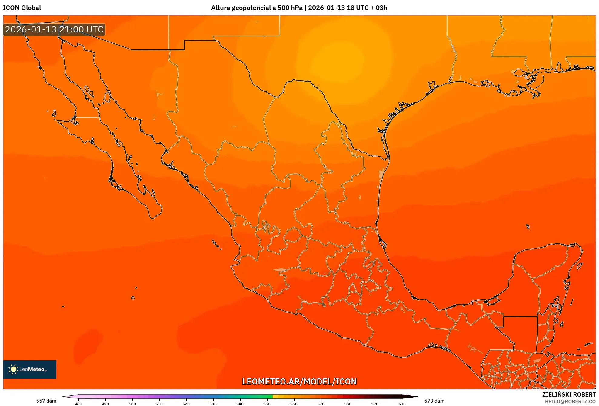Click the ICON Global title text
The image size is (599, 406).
(x=22, y=8)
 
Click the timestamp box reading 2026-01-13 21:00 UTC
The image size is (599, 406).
(x=54, y=29)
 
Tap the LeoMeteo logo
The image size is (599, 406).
(x=30, y=369)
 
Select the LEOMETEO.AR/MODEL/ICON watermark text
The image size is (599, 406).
(x=299, y=381)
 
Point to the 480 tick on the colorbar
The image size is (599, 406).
(x=78, y=404)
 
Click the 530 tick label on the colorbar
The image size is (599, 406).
(x=213, y=404)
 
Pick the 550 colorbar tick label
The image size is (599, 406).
(x=267, y=404)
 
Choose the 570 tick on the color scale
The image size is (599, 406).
(x=321, y=404)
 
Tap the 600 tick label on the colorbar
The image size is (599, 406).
(x=402, y=404)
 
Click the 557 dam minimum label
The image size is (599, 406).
(x=46, y=401)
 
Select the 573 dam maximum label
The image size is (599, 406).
(x=434, y=401)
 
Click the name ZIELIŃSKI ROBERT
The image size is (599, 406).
(x=569, y=394)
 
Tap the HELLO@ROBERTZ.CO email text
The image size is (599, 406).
(x=570, y=401)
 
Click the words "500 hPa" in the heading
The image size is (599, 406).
(x=290, y=8)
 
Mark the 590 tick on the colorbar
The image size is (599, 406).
(x=375, y=404)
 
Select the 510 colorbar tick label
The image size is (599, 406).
(x=159, y=404)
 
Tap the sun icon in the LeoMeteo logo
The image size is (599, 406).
(x=13, y=369)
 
